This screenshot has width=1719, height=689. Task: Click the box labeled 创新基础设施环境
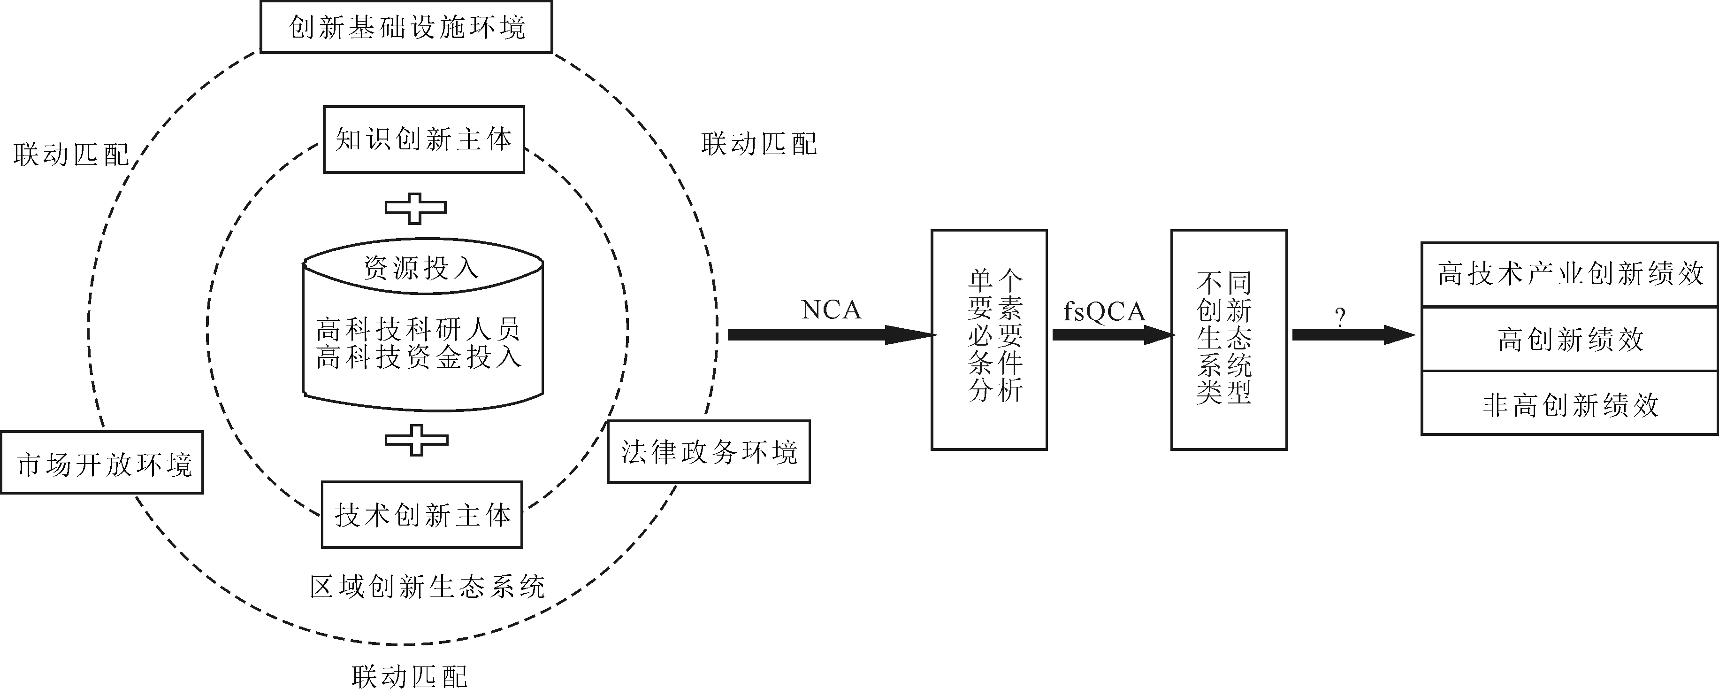406,27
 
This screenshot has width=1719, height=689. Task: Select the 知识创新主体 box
424,139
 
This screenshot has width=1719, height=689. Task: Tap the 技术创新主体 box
422,515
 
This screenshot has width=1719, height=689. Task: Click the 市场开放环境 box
102,463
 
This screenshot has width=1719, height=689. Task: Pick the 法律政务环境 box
709,452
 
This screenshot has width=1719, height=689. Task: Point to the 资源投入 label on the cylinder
422,268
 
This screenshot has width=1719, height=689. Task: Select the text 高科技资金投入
419,357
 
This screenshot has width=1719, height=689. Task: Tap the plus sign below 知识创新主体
415,209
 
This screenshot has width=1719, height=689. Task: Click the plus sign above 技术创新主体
416,440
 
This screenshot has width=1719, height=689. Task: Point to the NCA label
831,310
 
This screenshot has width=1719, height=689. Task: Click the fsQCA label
1104,312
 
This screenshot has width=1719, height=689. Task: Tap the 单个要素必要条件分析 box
989,340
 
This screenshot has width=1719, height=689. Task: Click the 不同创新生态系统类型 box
1229,340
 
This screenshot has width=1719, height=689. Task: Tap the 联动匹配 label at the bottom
410,676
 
